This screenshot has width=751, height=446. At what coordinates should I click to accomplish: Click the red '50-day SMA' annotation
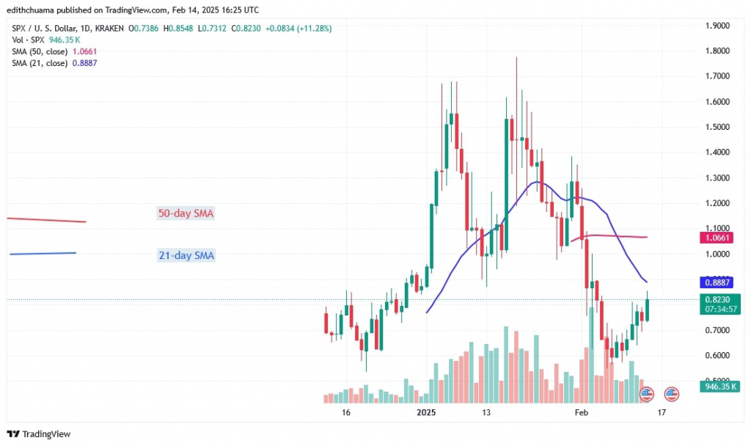[x=186, y=213]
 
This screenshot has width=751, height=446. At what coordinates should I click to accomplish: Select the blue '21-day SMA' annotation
[x=186, y=255]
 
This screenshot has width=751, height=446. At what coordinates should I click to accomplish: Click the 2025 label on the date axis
[x=426, y=414]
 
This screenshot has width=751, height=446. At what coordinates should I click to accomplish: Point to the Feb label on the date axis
[x=582, y=414]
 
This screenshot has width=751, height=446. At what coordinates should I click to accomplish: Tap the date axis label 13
[x=486, y=414]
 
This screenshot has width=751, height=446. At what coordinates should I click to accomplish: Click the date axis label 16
[x=345, y=414]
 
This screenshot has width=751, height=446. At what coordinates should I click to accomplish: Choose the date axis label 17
[x=662, y=414]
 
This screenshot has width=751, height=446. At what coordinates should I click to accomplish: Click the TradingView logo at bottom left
[x=40, y=434]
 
